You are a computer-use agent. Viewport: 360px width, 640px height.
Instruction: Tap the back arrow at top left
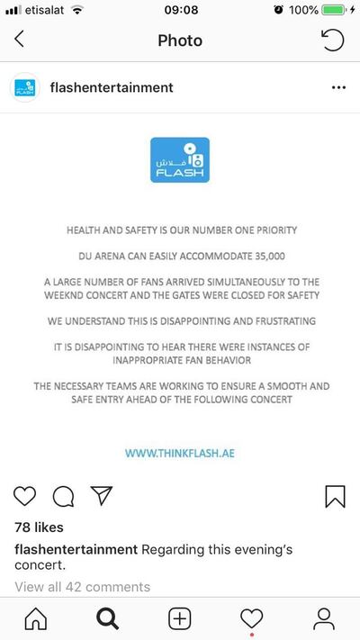20,41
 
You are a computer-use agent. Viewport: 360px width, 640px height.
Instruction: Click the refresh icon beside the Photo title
332,41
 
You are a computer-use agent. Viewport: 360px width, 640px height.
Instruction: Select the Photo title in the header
180,41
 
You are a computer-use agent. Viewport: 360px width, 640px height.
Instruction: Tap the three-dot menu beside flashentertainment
338,88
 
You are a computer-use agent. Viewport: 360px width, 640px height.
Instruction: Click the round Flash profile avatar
24,88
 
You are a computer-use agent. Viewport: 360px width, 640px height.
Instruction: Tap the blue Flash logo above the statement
180,160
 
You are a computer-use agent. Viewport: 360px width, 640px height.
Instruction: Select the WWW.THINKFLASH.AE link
180,453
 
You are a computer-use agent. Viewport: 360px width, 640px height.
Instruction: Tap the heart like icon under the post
25,496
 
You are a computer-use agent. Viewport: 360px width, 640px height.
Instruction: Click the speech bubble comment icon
63,496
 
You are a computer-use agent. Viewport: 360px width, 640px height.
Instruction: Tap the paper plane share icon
101,495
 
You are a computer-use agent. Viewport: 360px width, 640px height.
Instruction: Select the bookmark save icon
335,496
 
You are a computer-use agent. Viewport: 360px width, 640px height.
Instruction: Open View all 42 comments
82,587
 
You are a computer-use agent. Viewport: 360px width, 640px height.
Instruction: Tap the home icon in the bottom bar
36,618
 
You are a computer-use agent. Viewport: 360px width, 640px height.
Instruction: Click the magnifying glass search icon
108,618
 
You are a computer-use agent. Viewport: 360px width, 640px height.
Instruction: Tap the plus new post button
180,618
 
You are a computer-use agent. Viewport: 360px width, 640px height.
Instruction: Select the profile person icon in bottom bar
323,618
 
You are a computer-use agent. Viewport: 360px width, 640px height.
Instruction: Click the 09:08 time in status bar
180,10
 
